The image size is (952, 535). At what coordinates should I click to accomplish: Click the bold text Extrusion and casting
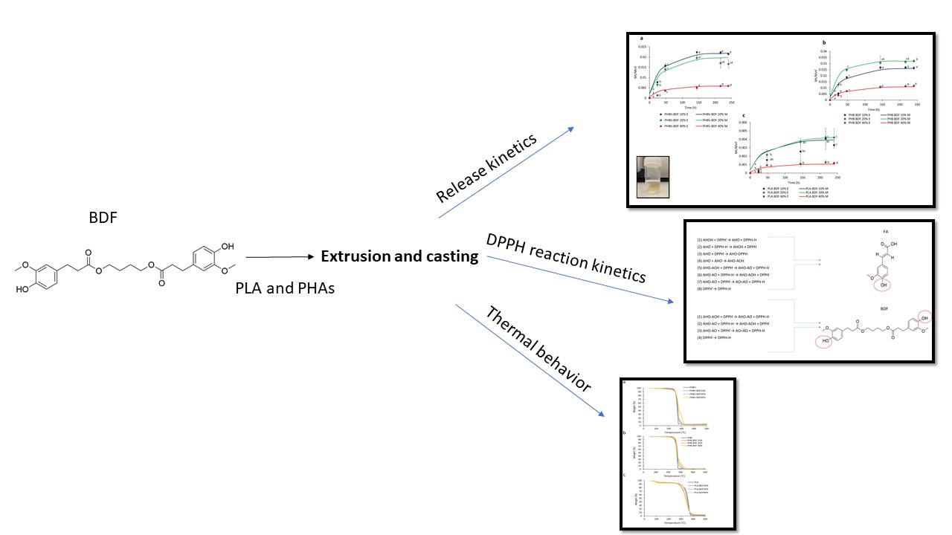399,257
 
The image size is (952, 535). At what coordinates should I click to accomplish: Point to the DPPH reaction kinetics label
566,258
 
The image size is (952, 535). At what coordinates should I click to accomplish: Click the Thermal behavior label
538,349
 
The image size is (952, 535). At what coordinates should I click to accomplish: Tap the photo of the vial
654,178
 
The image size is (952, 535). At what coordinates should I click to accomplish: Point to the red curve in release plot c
803,163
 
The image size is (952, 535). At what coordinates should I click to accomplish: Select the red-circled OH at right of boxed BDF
916,317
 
